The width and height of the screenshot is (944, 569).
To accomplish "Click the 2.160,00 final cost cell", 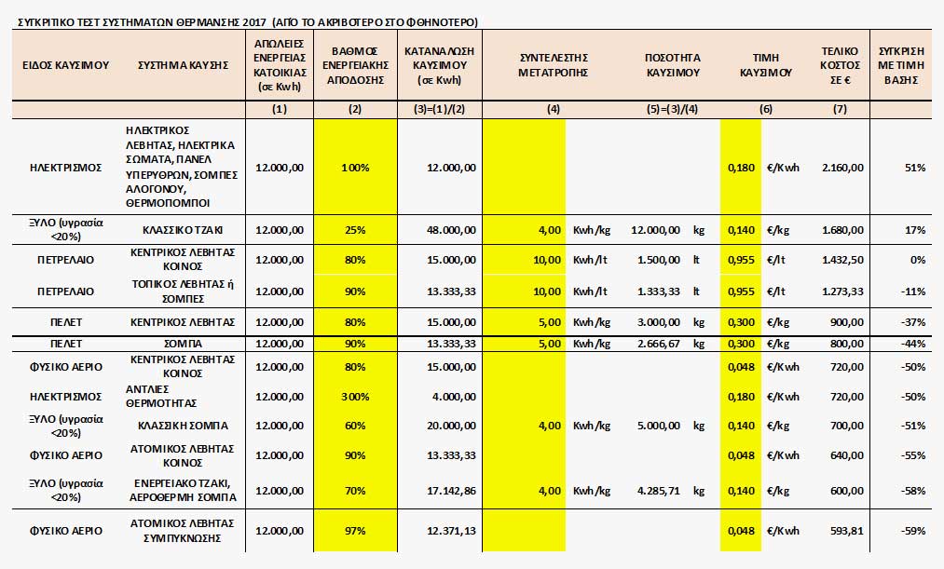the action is [842, 168].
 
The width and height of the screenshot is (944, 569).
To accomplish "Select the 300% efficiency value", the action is [355, 397].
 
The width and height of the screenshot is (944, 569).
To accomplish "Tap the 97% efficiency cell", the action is [355, 531].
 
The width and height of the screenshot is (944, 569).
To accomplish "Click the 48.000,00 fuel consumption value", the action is [452, 230].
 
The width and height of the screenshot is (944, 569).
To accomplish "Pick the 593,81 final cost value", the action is [847, 531].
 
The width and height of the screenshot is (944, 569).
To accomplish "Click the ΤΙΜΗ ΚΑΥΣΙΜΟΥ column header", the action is [766, 65].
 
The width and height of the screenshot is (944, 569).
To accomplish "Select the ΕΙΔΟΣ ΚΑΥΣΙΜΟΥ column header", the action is [65, 65].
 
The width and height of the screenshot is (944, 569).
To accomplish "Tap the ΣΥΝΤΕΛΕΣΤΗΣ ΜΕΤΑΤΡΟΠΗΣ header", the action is [554, 65].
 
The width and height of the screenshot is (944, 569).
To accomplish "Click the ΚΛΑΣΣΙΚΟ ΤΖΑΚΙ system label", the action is [183, 230].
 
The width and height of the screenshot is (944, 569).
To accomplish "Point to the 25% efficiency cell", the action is [355, 230].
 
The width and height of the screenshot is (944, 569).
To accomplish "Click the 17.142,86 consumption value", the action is [452, 491].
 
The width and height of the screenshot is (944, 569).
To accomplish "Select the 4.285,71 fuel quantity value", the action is [659, 491].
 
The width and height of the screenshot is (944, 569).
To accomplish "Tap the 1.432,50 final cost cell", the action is [842, 260].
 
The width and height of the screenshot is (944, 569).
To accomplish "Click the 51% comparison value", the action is [915, 168].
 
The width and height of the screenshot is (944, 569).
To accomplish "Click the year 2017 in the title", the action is [255, 23].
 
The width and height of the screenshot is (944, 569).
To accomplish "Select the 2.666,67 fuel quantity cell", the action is [659, 344].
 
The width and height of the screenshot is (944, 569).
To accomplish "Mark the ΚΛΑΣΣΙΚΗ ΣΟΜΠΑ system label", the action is [183, 426].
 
